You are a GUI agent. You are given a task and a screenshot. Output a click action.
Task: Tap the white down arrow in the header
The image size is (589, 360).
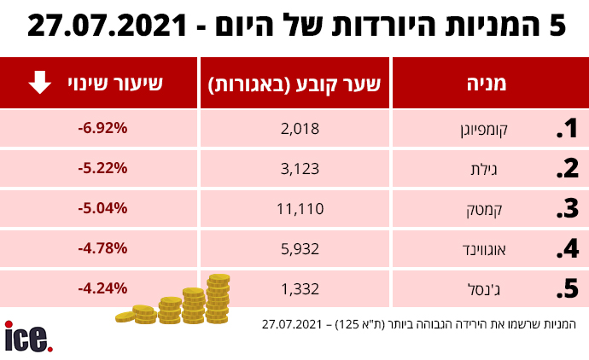pos(38,83)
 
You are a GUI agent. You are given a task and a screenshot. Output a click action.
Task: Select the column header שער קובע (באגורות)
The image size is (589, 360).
pos(294,84)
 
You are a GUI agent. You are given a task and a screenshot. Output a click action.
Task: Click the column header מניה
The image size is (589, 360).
pos(487,84)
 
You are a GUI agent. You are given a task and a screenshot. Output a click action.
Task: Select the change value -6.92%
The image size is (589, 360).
pos(102,129)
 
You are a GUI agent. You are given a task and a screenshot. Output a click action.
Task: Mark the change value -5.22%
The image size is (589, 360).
pos(102,169)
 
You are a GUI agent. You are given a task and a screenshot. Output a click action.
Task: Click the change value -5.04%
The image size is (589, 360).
pos(102,208)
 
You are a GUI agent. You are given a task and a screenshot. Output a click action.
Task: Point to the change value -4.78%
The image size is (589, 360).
pos(102,248)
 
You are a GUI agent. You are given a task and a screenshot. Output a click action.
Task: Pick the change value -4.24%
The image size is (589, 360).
pos(102,288)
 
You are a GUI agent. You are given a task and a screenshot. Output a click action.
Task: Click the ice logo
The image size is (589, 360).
pos(28,337)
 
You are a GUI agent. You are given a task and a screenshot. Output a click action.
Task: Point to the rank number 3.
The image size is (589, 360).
pos(567,209)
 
